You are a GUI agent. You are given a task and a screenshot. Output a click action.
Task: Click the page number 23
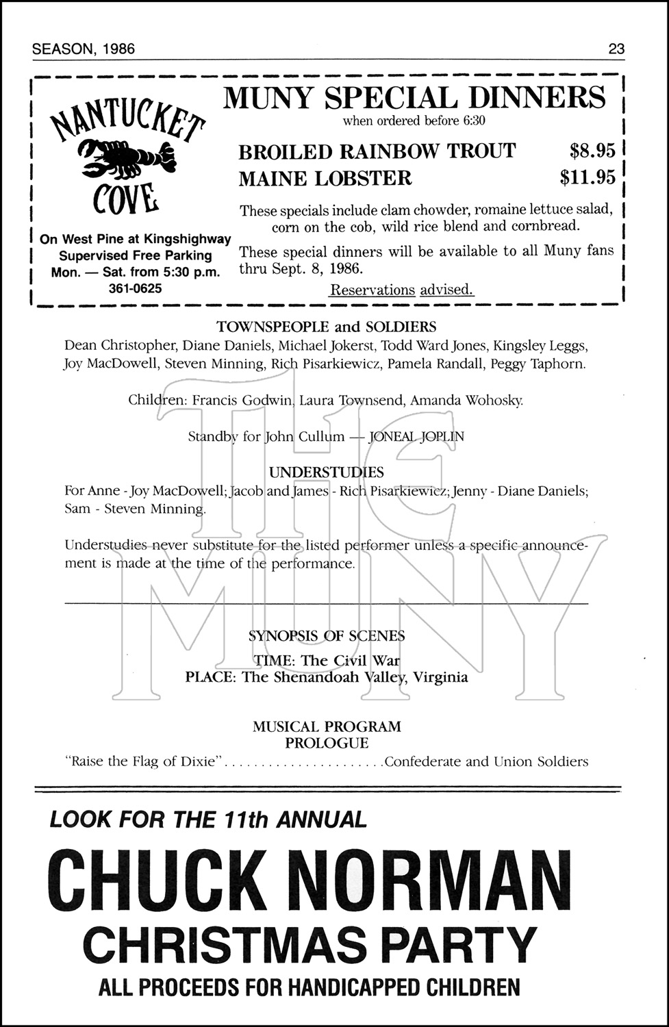click(616, 49)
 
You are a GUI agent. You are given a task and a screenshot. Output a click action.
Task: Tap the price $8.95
click(592, 151)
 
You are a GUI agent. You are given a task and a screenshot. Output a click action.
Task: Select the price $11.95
click(588, 178)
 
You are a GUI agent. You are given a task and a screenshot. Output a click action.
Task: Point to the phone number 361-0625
click(136, 288)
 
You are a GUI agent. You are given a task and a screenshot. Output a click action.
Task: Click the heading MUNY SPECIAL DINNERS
click(414, 98)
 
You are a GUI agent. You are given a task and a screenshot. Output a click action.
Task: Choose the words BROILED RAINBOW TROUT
click(377, 151)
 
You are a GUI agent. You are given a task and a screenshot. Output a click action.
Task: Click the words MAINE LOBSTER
click(325, 179)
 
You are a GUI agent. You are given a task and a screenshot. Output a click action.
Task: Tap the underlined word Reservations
click(373, 290)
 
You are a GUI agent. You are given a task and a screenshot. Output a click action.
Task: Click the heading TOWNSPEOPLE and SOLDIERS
click(326, 327)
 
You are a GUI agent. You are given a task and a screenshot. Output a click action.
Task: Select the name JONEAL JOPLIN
click(416, 437)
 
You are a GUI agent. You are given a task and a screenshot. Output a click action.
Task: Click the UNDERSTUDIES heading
click(326, 472)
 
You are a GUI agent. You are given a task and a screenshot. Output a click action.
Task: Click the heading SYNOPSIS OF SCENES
click(326, 636)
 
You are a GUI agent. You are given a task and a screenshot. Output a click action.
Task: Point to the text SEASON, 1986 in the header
click(84, 49)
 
